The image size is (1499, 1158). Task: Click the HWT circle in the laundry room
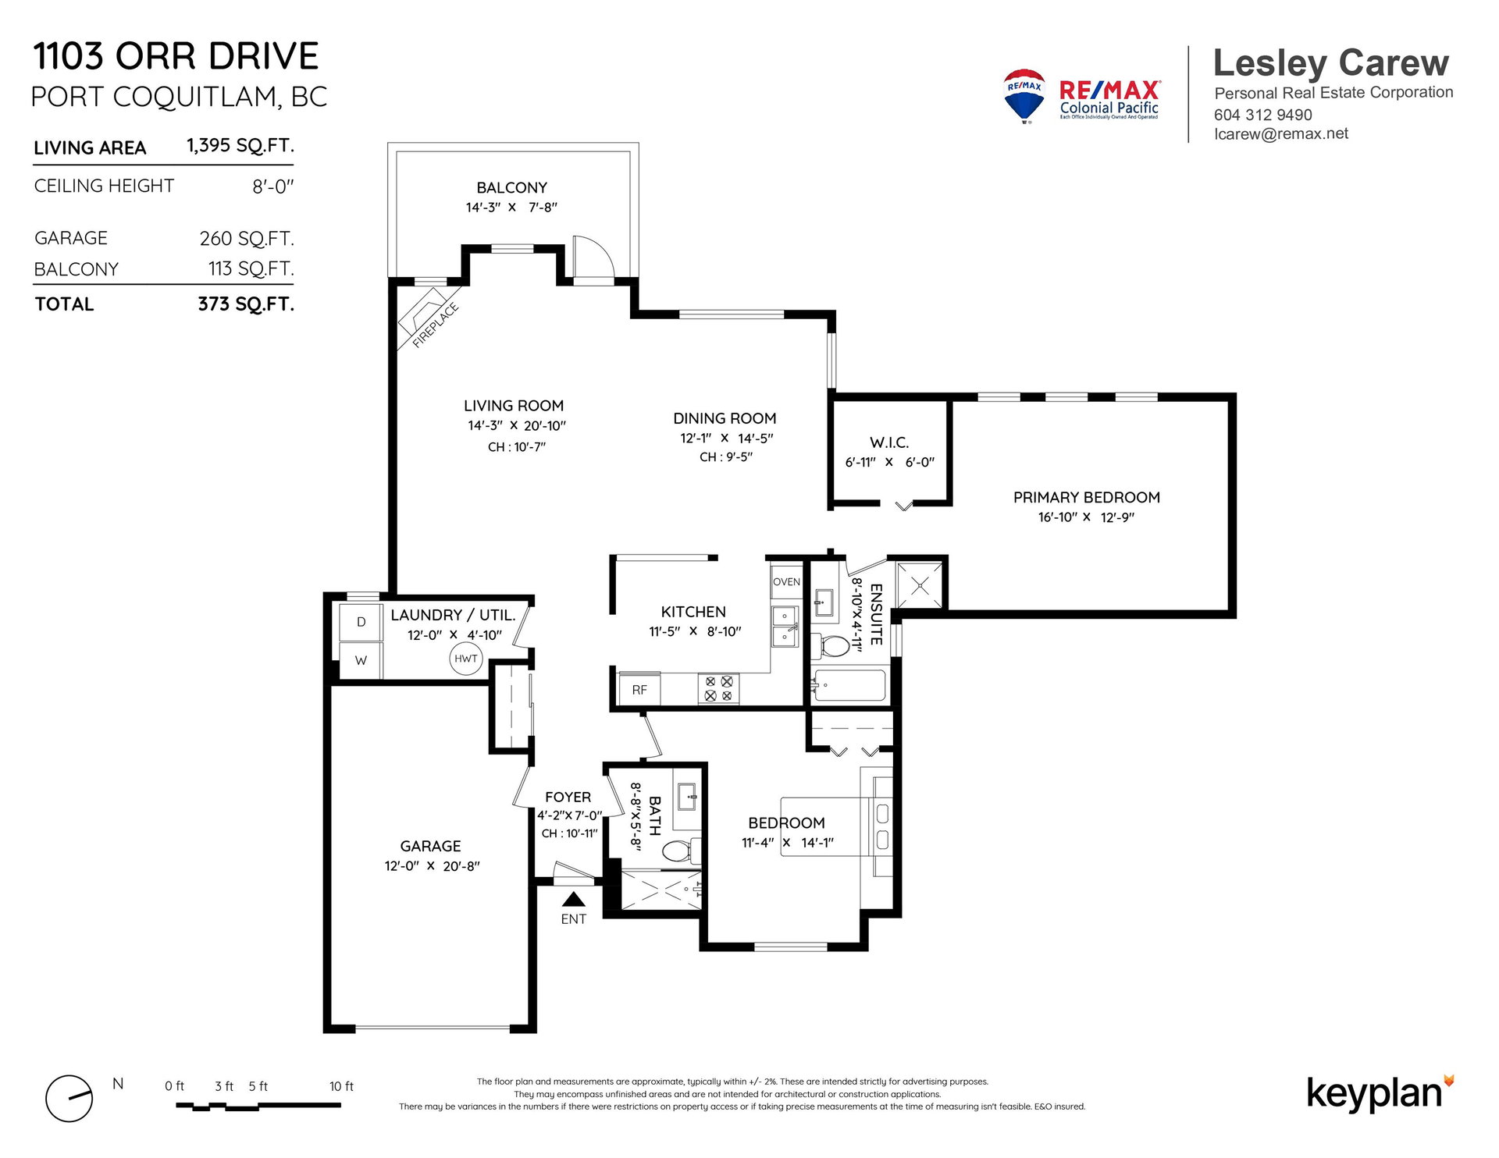466,659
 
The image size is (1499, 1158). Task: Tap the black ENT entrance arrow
573,899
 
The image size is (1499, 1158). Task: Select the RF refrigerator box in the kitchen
639,690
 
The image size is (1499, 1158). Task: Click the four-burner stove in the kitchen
718,688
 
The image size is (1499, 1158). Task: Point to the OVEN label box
786,581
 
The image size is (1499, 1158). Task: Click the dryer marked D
361,622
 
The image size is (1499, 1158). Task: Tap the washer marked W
361,660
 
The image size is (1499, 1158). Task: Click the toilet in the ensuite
831,646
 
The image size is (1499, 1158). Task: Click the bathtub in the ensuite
849,686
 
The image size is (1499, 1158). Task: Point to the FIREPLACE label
435,325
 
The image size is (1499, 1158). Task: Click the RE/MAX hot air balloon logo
1024,96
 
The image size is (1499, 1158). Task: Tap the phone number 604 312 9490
1262,115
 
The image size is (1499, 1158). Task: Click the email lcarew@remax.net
1280,133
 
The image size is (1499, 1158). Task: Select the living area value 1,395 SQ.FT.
240,146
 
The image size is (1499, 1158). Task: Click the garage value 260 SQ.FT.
247,238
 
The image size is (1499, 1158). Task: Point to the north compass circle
69,1098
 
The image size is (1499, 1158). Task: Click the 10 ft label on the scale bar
341,1086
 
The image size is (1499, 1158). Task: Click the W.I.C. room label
889,442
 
